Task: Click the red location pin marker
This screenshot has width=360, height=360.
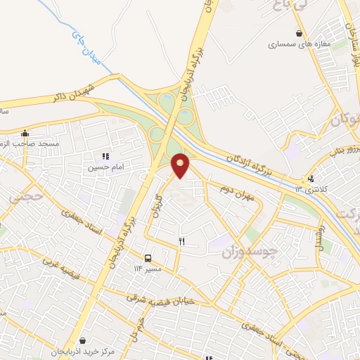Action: (181, 165)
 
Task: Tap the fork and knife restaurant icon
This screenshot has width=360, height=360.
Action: (181, 241)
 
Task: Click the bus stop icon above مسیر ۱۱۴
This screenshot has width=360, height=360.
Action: (148, 258)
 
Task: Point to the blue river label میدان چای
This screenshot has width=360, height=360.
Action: (87, 46)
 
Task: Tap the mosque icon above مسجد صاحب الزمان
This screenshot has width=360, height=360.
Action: (25, 133)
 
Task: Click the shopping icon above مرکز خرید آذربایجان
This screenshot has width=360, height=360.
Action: (83, 340)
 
